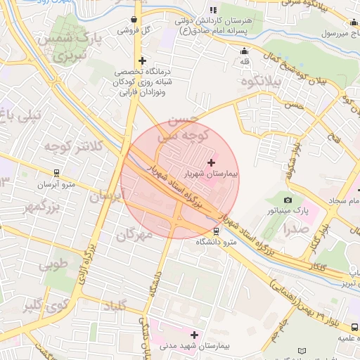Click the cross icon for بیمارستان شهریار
[212, 162]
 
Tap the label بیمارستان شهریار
[212, 172]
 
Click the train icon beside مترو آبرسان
[57, 172]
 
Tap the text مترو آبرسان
[56, 184]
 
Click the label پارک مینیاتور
[288, 210]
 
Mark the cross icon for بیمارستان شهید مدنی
[194, 335]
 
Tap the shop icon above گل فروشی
[134, 20]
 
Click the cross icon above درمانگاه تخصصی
[143, 61]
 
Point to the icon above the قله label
[245, 51]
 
